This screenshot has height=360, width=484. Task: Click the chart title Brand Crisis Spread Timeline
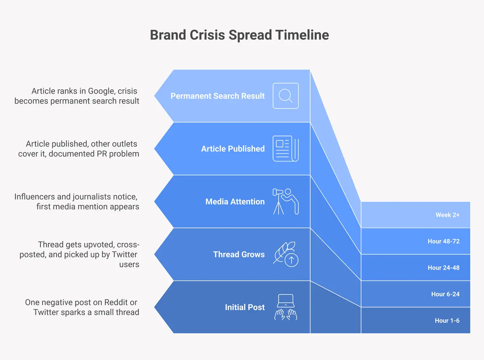coord(239,35)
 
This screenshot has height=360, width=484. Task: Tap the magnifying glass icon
coord(286,96)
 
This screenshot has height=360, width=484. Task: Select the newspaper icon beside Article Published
coord(286,149)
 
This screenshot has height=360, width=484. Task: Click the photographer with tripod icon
coord(286,201)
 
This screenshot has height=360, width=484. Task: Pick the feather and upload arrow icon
coord(286,254)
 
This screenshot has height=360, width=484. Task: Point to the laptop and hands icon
coord(286,307)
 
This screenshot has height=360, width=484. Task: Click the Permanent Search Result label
coord(217,96)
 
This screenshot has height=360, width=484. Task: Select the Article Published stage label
coord(233,149)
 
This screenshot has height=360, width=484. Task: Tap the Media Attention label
coord(235,202)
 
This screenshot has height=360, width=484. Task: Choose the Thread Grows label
coord(239,255)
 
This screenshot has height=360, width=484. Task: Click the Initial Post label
coord(245,308)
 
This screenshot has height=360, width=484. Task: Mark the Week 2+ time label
coord(447,215)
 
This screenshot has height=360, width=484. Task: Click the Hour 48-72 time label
coord(444,241)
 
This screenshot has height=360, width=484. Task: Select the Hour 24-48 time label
coord(444,268)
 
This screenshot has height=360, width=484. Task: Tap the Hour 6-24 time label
coord(445,294)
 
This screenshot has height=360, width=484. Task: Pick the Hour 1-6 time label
coord(447,321)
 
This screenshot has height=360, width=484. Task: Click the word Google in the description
coord(102,92)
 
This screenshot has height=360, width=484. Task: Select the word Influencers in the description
coord(35,197)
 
